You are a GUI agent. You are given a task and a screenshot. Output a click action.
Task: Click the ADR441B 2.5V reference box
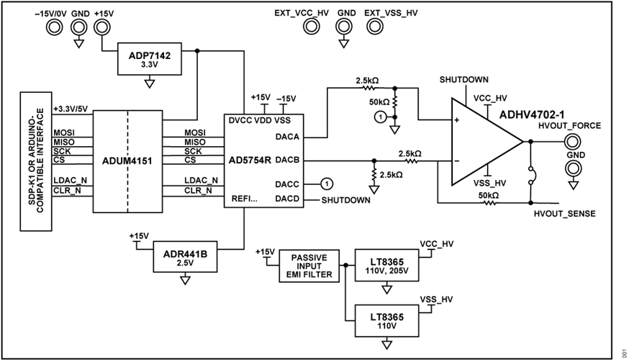coord(186,258)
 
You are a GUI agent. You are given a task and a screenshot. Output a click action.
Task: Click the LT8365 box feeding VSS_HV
coord(387,320)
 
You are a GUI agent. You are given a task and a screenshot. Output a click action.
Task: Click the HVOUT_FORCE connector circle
coord(573,142)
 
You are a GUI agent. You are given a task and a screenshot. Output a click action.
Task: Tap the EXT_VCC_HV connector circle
coord(312,27)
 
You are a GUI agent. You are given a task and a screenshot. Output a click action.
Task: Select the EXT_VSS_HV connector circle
coord(374,27)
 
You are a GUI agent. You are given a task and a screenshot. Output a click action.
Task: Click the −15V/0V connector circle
coord(53,27)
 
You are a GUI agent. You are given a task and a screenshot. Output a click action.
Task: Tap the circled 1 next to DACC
coord(325,184)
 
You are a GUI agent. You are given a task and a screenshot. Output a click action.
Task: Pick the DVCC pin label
coord(237,118)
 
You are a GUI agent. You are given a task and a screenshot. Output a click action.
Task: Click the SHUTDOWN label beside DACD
coord(345,200)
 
